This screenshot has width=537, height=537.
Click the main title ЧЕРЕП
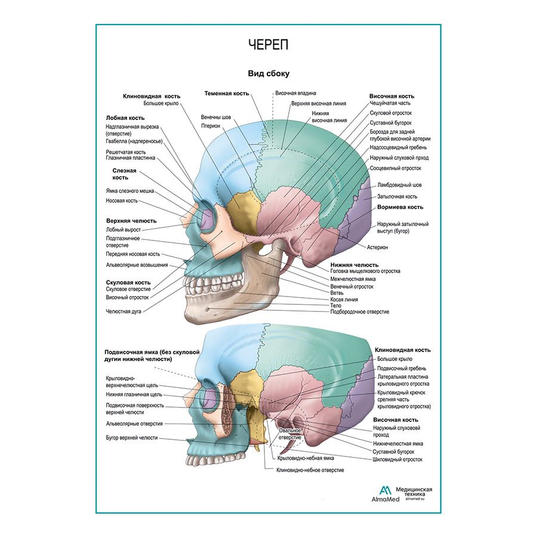pos(268,45)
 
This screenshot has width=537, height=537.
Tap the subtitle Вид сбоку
pos(268,73)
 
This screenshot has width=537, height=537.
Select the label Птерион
pos(212,126)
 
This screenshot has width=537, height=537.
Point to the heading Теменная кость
pos(226,94)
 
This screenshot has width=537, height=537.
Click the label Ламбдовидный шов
pos(399,185)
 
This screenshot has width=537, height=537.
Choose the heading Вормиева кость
pos(400,208)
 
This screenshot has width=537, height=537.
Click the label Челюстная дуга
pos(124,311)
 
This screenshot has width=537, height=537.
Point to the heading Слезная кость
pos(124,174)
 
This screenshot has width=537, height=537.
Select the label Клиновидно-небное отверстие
pos(310,470)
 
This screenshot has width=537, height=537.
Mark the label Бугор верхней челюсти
pos(131,437)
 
